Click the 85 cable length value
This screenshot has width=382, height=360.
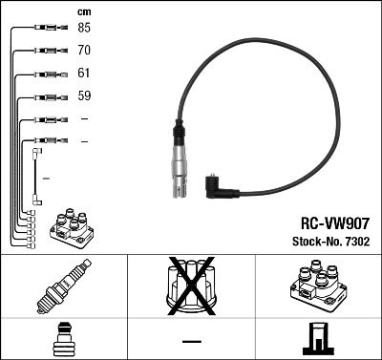[x=84, y=28]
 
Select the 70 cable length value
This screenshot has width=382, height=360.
[x=84, y=49]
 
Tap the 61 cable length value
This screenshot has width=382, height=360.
[x=84, y=73]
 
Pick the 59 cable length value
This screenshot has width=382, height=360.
[x=84, y=95]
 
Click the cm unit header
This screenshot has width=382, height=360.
[x=83, y=11]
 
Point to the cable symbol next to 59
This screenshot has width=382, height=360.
[x=46, y=96]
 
